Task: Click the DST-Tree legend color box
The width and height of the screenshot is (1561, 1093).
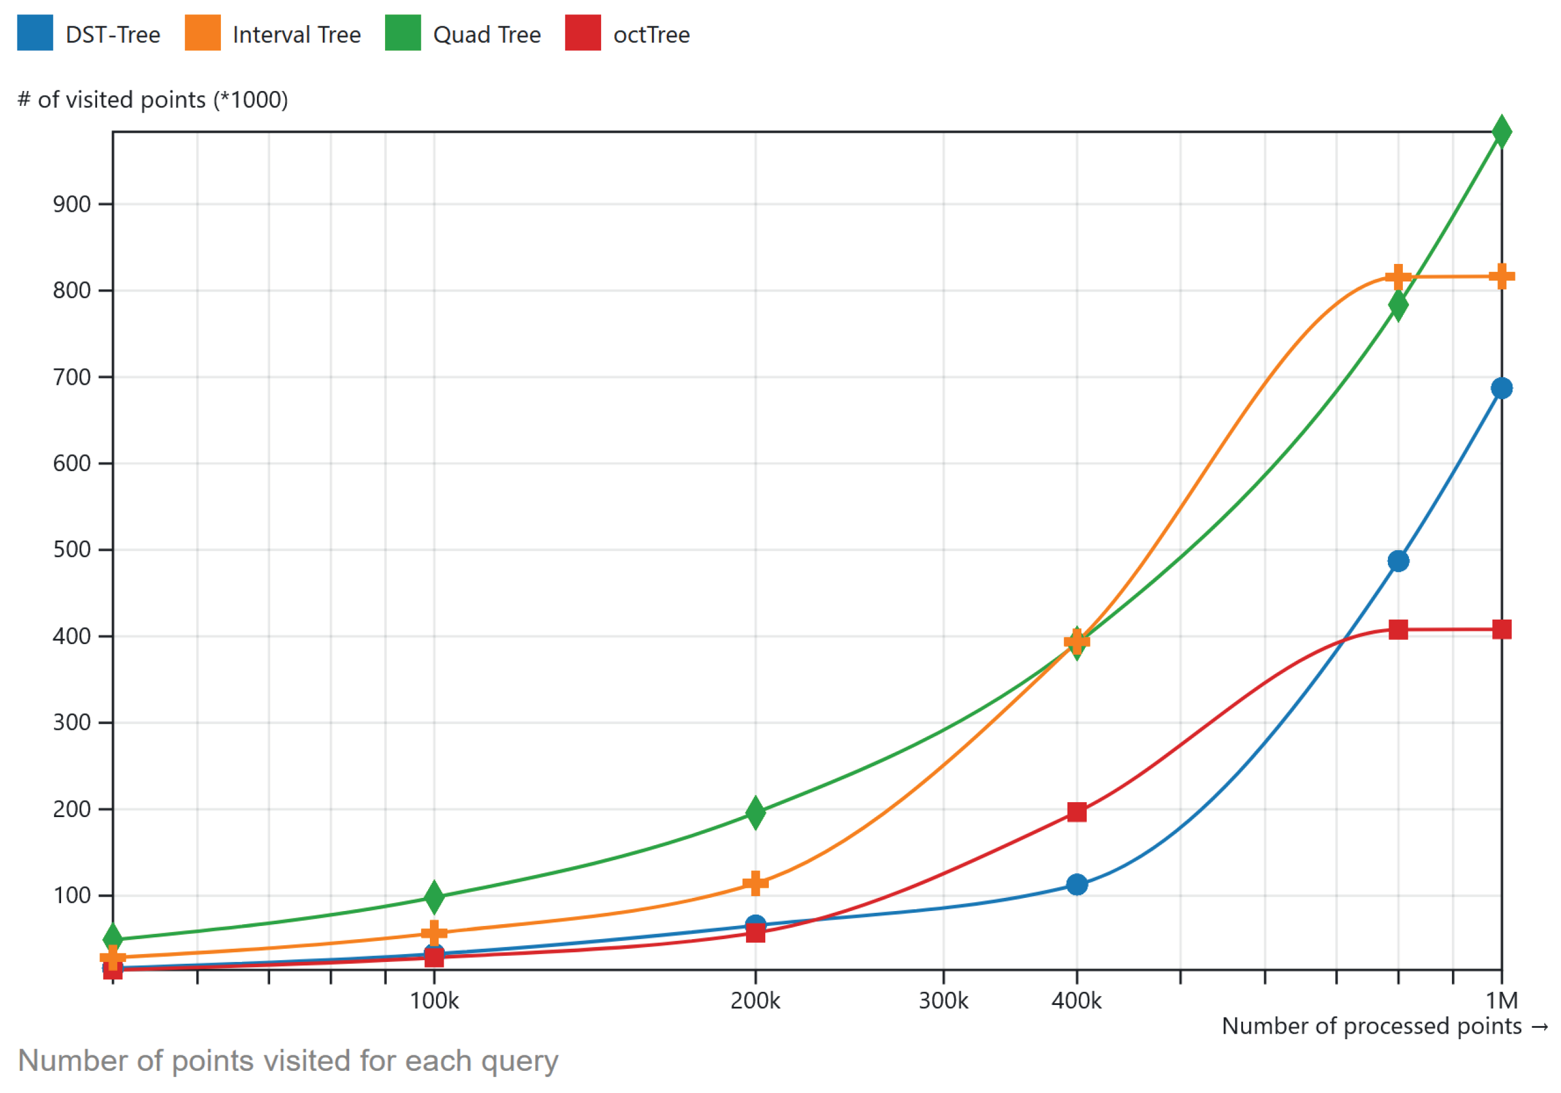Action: coord(35,33)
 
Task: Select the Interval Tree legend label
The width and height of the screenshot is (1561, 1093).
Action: coord(296,35)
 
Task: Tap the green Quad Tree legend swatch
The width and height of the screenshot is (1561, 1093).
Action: coord(402,33)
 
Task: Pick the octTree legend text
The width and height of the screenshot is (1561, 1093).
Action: coord(651,35)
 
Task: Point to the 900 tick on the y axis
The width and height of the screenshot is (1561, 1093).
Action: coord(71,204)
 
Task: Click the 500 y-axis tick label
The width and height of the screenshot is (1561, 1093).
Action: coord(71,549)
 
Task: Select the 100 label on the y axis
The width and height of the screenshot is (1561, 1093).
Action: coord(71,895)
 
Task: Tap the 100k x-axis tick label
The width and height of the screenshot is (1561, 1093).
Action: coord(434,1001)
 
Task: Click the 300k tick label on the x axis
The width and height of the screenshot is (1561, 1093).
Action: coord(943,1001)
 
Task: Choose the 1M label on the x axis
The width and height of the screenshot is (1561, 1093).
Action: coord(1501,1001)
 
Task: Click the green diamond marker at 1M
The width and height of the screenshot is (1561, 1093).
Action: coord(1501,132)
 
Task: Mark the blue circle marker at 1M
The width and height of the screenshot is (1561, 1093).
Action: coord(1501,388)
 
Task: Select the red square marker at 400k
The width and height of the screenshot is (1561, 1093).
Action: coord(1076,812)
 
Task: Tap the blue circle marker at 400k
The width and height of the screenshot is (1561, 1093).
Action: coord(1076,884)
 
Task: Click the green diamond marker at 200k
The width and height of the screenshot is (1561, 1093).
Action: coord(754,813)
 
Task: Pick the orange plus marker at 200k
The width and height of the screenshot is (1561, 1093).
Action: coord(754,883)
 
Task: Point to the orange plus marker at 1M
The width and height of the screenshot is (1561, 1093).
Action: coord(1501,277)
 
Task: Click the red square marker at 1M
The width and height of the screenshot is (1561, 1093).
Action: coord(1501,630)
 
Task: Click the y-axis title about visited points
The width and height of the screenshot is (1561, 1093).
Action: coord(152,100)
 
